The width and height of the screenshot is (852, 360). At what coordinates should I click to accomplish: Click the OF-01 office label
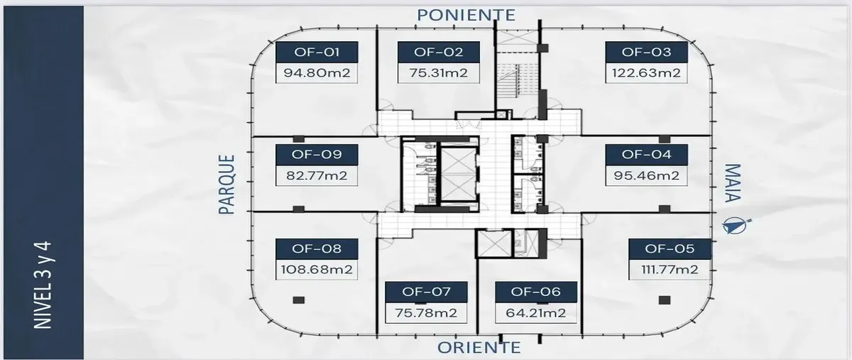pos(317,52)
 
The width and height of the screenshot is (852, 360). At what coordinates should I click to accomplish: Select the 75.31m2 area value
pos(437,72)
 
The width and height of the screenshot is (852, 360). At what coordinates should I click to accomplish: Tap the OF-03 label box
pos(646,52)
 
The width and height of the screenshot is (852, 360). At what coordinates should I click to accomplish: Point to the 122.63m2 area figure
pos(646,72)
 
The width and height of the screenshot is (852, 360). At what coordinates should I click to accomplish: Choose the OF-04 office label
pos(646,154)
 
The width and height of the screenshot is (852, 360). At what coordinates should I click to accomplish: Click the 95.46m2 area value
pos(646,175)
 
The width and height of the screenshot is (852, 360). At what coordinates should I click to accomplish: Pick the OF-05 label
pos(670,249)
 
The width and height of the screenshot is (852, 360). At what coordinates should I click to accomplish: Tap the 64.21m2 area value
pos(536,312)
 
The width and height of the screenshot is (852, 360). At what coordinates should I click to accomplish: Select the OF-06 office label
pos(536,292)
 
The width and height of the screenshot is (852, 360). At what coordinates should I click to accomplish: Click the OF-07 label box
pos(426,292)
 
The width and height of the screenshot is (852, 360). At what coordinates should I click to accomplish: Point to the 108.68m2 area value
pos(317,270)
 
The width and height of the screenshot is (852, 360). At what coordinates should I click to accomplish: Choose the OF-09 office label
pos(317,154)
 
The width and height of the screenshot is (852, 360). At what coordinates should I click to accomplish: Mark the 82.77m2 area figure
pos(317,175)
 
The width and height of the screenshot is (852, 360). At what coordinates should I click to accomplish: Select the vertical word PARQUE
pos(226,185)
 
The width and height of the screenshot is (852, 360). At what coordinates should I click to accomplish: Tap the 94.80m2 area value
pos(317,72)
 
